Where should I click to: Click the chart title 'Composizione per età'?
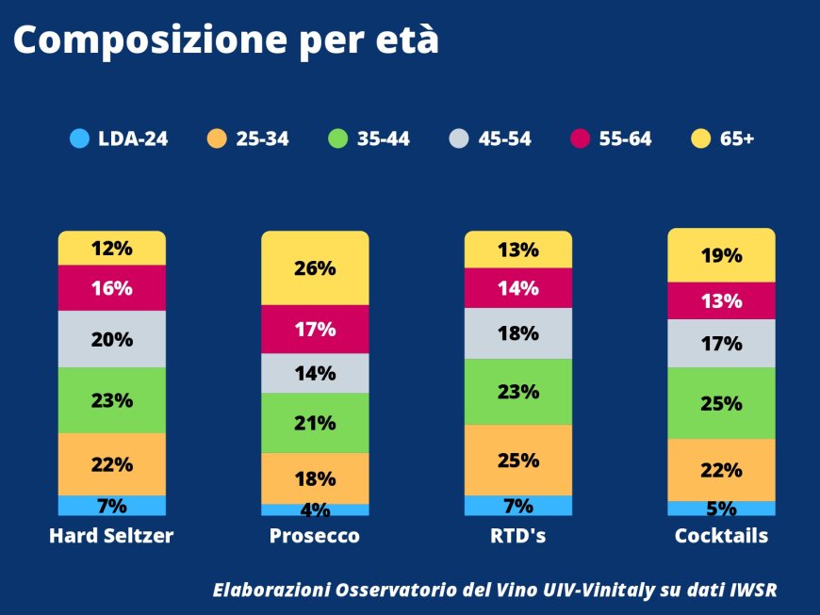click(x=226, y=40)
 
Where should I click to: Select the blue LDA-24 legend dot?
click(x=79, y=138)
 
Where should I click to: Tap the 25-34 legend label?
click(x=262, y=139)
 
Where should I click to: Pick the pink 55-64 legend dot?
click(x=581, y=138)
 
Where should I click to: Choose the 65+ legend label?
click(x=737, y=139)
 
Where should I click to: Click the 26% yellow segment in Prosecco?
click(x=315, y=268)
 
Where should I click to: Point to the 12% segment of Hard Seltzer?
click(x=111, y=250)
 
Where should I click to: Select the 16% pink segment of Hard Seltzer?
click(x=111, y=288)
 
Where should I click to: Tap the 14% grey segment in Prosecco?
click(x=315, y=373)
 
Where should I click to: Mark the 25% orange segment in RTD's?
click(x=518, y=461)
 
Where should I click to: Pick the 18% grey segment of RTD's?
click(x=518, y=333)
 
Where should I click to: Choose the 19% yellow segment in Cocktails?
click(x=721, y=256)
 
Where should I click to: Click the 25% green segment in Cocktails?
click(x=721, y=403)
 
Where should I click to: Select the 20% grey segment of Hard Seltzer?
click(x=111, y=339)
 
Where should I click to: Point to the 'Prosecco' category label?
click(x=315, y=536)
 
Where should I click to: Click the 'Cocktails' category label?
click(x=721, y=536)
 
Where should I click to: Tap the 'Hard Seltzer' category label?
click(x=111, y=536)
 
